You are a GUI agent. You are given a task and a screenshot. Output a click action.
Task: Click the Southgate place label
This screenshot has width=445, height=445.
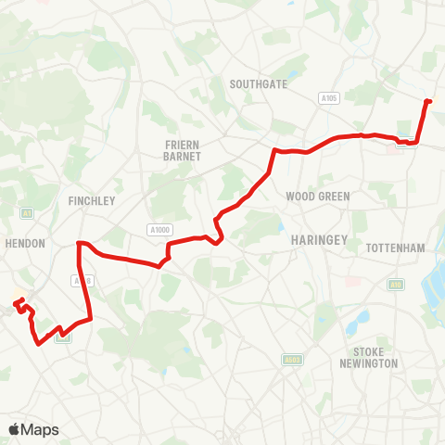[259, 83]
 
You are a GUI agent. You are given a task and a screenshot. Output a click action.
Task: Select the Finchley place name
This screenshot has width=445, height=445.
[91, 200]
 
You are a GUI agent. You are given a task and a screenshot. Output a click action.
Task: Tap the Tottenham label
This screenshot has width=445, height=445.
[395, 248]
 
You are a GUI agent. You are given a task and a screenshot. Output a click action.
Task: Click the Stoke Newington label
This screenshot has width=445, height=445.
[375, 357]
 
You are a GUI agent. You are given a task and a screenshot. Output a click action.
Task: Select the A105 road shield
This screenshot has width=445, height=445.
[327, 97]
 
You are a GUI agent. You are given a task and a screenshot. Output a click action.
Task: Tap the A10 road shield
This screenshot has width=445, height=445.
[397, 285]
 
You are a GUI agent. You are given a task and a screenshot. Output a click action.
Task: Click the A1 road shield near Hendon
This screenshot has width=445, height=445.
[27, 212]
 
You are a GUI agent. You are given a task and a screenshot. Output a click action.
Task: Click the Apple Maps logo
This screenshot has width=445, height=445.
[33, 429]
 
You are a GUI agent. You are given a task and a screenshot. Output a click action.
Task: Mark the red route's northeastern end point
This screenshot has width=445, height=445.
[427, 100]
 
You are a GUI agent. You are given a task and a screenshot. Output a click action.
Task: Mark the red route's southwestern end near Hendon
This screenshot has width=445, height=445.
[15, 301]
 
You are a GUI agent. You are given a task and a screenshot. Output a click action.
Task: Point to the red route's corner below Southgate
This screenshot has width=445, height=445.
[273, 150]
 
